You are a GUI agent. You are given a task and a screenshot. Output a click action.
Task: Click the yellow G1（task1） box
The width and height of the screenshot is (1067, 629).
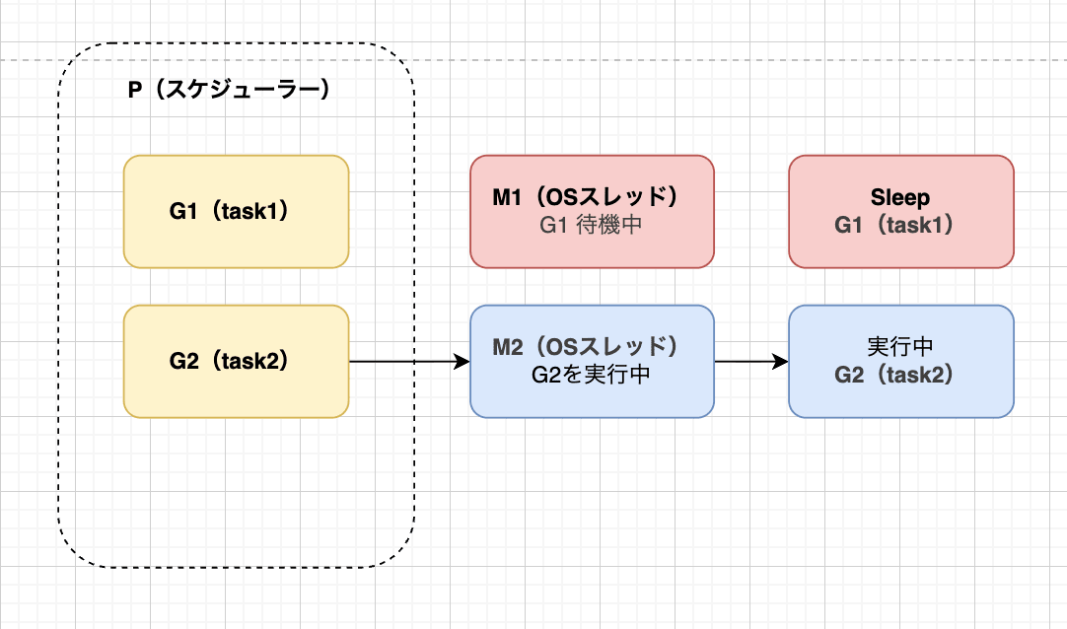(236, 211)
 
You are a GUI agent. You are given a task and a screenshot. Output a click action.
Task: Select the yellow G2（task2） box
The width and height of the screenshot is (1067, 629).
(236, 361)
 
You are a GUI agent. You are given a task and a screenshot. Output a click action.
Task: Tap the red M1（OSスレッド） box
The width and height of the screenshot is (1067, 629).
(592, 211)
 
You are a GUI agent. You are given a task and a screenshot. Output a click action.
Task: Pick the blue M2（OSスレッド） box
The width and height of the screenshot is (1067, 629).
(592, 361)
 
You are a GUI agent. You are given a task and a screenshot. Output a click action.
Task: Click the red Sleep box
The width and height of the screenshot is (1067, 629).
(900, 211)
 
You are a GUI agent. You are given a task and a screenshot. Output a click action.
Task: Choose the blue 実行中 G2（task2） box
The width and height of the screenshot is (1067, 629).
(900, 361)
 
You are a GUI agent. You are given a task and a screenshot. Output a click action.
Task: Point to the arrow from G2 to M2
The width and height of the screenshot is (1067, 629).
(404, 362)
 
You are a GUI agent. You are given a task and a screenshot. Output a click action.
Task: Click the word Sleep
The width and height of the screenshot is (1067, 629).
(900, 197)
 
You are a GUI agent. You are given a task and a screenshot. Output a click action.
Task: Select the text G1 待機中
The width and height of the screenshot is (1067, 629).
(592, 225)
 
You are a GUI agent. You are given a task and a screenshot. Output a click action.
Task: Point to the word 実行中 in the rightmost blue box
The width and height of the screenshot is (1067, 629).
(900, 347)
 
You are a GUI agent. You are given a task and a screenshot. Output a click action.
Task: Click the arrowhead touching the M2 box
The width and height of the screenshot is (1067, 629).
(462, 362)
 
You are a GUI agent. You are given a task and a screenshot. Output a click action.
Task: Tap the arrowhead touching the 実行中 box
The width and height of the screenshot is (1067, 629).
(781, 362)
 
